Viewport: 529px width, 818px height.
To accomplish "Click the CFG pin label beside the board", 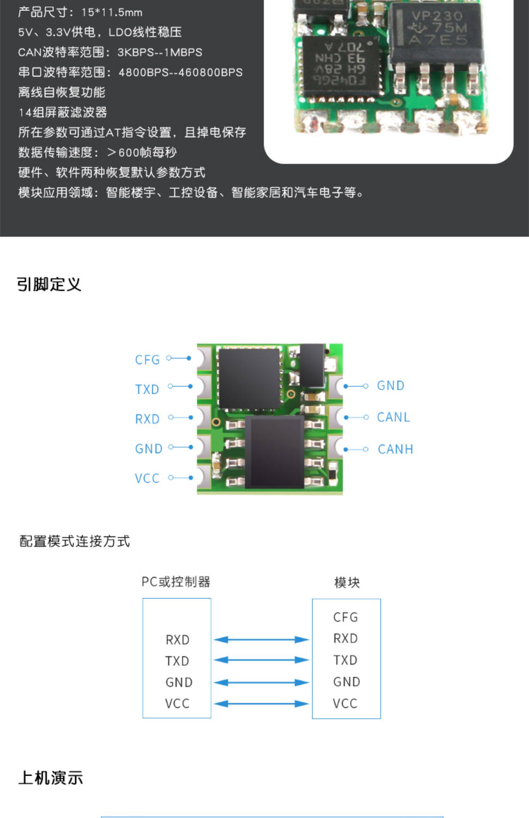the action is [x=147, y=360].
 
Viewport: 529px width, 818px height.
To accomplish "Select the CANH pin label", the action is [x=395, y=449].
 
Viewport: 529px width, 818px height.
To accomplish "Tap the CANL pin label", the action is [x=393, y=417].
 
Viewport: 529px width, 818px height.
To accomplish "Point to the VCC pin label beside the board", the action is [x=147, y=478].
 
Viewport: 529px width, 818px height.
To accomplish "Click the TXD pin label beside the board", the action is [x=147, y=389].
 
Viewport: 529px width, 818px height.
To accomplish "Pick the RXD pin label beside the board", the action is [x=147, y=419].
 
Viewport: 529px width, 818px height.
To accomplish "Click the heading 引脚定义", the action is [x=49, y=284].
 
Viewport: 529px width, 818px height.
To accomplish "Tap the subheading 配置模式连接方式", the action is [x=74, y=541].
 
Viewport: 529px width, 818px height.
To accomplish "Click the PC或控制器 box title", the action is [x=176, y=582].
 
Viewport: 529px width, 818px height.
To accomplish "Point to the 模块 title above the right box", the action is [x=347, y=582].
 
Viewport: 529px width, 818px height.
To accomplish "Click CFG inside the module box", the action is [x=345, y=617].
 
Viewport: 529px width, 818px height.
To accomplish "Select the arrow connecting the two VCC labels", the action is [x=261, y=704].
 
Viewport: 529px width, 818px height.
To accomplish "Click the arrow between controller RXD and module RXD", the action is [x=261, y=639].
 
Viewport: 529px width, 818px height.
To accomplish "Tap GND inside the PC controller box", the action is [x=179, y=682].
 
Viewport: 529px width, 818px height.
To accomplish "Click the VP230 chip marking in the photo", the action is [x=437, y=16].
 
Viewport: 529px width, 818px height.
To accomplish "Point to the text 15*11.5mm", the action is [x=112, y=13].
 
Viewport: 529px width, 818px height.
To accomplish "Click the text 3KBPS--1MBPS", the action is [x=160, y=52].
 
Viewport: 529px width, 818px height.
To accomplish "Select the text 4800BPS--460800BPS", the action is [x=181, y=73].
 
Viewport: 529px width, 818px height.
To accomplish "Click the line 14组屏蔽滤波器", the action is [x=62, y=112].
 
